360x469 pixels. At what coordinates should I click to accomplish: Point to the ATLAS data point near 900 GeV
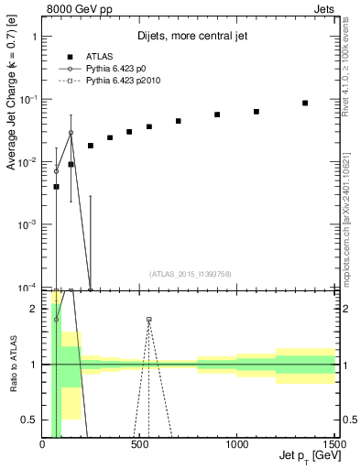[x=217, y=115]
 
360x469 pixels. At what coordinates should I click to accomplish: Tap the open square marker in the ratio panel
[x=149, y=320]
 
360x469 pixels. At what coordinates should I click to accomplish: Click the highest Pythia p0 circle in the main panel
[x=71, y=133]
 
